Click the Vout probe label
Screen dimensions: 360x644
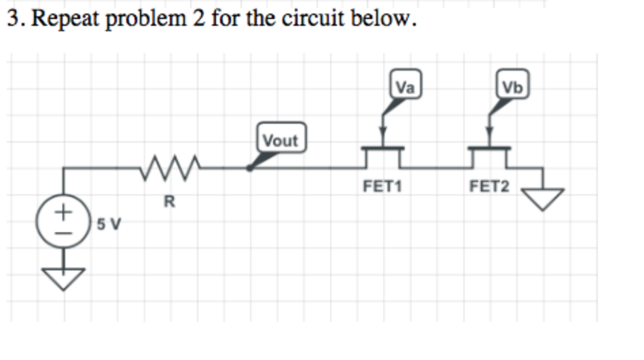pos(281,140)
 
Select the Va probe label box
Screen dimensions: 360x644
pos(406,87)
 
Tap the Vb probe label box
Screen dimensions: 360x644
pos(511,87)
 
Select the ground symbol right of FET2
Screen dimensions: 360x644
pos(542,198)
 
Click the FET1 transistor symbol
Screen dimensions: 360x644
pos(383,155)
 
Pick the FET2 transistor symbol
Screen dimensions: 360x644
pos(489,155)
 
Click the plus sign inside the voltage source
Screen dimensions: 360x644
pos(63,212)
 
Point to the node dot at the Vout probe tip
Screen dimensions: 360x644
pos(250,167)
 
